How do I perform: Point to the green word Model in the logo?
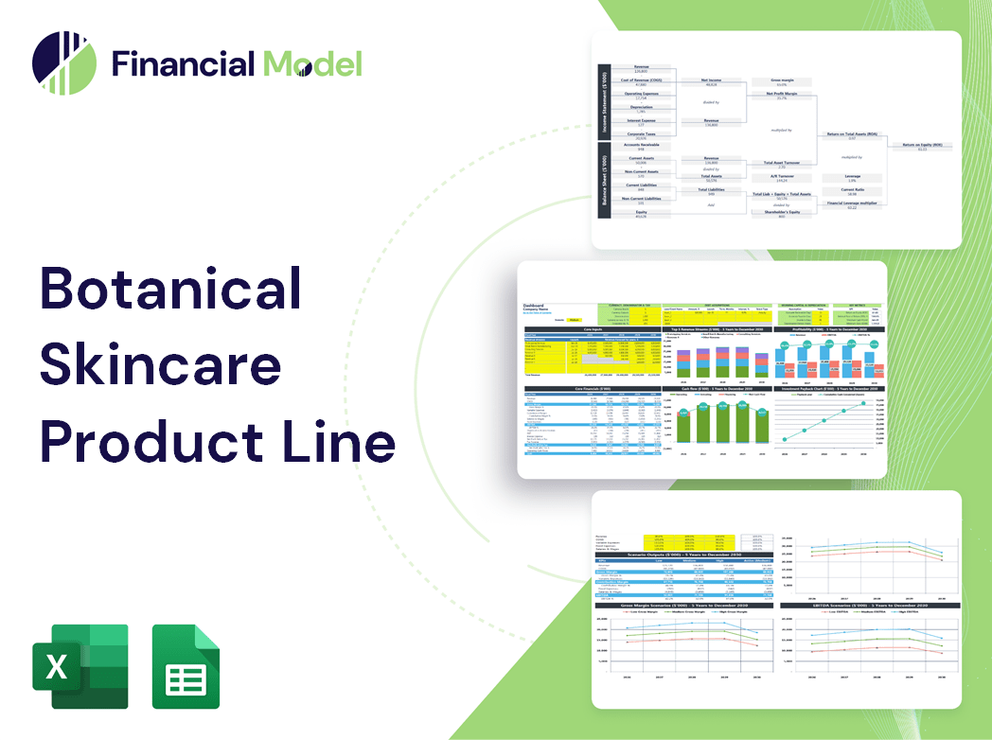tap(312, 63)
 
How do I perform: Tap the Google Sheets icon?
tap(186, 666)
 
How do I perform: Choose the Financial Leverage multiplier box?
tap(851, 204)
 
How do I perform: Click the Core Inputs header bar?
tap(592, 330)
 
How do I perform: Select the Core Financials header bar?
tap(592, 388)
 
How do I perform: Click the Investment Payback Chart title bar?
tap(830, 388)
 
